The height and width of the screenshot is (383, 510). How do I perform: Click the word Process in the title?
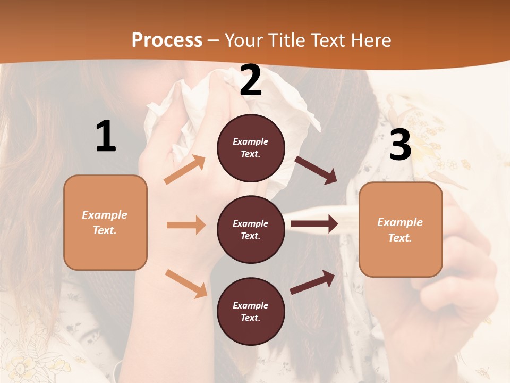[167, 40]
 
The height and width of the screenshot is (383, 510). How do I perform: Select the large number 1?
[106, 137]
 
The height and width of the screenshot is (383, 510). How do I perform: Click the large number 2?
[251, 81]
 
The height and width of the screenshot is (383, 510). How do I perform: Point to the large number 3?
[400, 145]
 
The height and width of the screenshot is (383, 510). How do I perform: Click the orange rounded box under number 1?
[105, 222]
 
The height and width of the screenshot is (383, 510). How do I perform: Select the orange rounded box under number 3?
[401, 230]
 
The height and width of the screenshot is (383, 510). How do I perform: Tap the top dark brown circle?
[251, 147]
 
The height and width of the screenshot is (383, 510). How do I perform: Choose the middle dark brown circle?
[251, 229]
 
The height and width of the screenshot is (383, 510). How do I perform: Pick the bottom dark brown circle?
[251, 311]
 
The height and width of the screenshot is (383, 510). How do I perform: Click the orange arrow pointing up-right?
[185, 170]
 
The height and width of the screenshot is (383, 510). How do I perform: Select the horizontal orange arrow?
[186, 225]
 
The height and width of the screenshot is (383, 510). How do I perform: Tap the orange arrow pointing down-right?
[186, 283]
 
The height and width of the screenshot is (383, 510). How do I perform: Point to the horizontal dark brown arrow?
[314, 223]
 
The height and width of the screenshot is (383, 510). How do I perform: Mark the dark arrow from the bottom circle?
[313, 282]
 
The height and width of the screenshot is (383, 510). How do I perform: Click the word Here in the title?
[372, 40]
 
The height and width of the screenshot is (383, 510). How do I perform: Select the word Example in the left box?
[105, 215]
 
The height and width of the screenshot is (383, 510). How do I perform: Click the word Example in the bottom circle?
[251, 305]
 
